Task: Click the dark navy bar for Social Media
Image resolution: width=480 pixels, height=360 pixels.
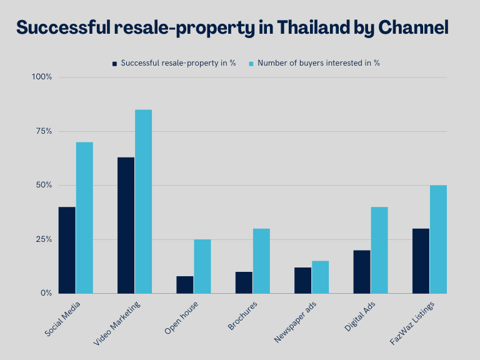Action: coord(67,250)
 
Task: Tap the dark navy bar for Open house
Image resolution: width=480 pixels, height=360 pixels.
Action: coord(185,284)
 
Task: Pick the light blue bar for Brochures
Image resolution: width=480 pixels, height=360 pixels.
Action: coord(261,261)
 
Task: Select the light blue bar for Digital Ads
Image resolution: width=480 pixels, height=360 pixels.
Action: coord(379,250)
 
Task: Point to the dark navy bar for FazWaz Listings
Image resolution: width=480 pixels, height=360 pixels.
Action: coord(421,261)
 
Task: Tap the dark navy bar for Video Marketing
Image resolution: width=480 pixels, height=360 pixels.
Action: coord(126,225)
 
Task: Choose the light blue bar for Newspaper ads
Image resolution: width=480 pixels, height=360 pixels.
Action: coord(320,277)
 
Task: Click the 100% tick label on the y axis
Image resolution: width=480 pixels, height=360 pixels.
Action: coord(42,77)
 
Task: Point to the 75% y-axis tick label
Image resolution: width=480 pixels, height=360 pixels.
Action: coord(43,131)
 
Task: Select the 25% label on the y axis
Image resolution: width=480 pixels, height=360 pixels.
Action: coord(43,239)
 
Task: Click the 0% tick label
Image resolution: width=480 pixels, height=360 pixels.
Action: coord(46,293)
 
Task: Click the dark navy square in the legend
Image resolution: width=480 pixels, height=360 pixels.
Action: coord(114,63)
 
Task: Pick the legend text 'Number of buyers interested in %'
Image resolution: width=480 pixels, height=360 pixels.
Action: coord(319,62)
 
